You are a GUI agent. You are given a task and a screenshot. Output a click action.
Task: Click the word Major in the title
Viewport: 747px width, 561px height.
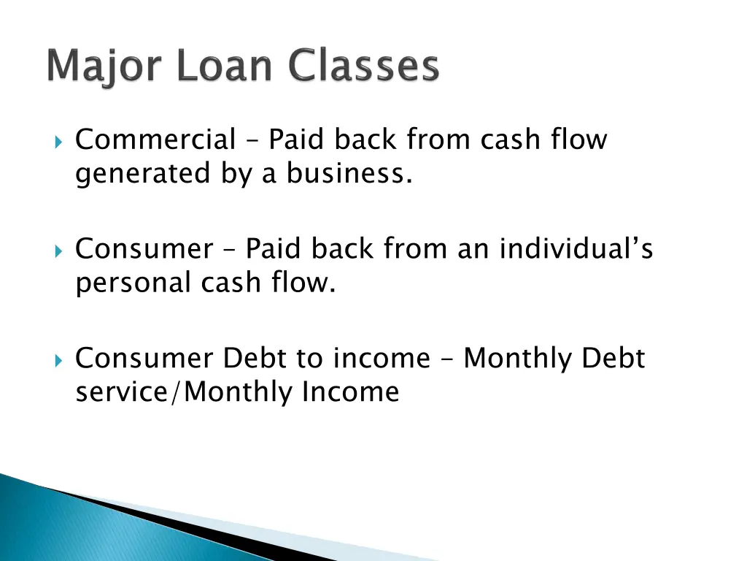tap(99, 67)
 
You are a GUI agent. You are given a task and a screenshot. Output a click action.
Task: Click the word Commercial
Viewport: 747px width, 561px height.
tap(155, 139)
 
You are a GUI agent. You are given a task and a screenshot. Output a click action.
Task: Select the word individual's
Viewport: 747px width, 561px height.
tap(576, 249)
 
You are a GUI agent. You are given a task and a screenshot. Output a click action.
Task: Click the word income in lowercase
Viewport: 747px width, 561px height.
tap(382, 359)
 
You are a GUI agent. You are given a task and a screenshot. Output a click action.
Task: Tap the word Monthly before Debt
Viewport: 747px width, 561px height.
tap(519, 359)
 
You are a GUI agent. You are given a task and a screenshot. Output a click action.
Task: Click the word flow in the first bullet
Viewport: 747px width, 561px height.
tap(580, 139)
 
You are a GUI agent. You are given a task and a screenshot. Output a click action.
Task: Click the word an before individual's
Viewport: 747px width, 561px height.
tap(475, 250)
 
